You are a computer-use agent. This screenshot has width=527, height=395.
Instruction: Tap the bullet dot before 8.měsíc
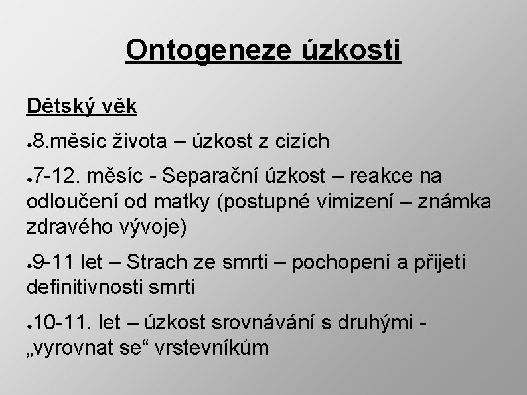(x=30, y=143)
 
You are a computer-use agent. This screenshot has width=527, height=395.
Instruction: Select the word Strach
(x=156, y=262)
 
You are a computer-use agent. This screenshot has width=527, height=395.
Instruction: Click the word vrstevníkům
(x=211, y=347)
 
